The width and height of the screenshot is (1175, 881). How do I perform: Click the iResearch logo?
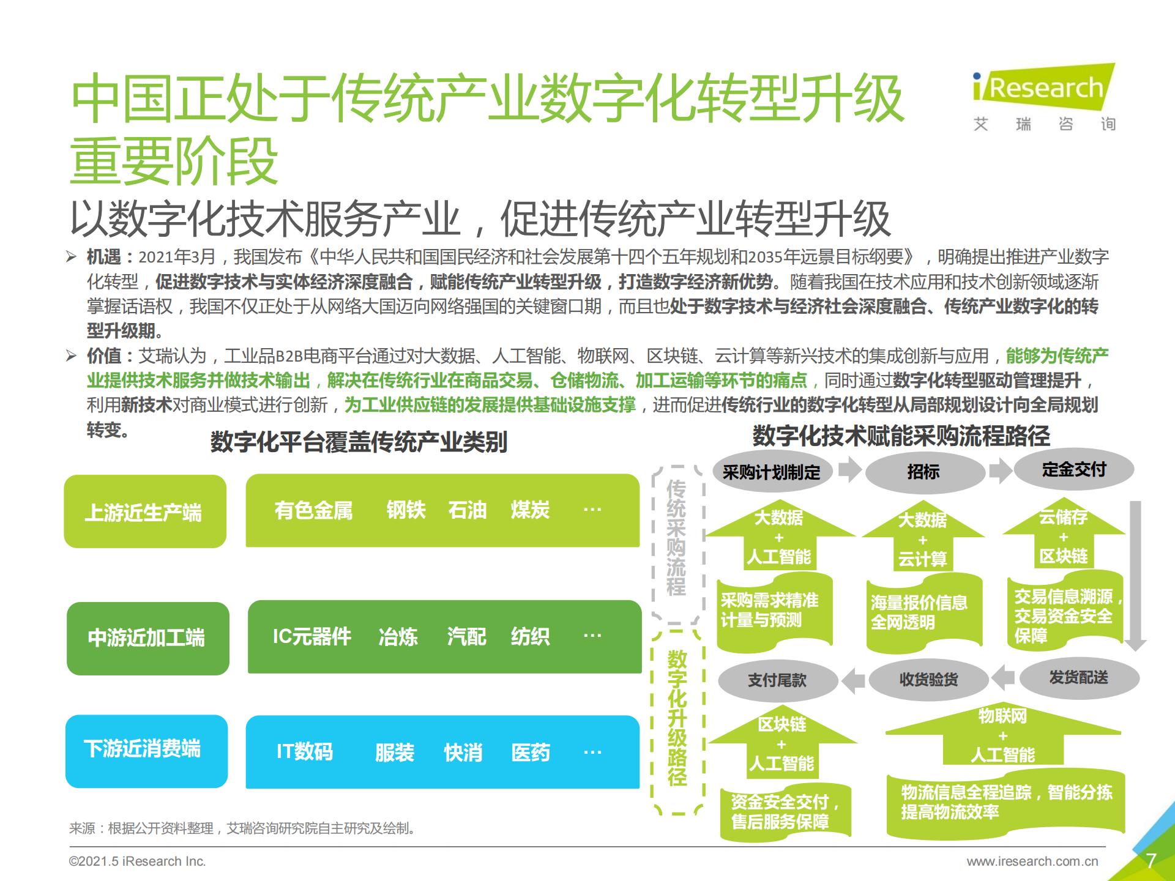point(1044,98)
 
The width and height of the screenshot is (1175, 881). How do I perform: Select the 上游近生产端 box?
point(145,511)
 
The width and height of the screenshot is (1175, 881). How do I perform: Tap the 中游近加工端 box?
point(147,638)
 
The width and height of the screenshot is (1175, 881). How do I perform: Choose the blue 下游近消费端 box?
point(146,751)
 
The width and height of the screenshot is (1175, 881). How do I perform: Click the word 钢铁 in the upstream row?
point(406,510)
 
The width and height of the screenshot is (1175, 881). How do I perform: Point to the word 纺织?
point(530,636)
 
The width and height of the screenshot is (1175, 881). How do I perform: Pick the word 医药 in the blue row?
point(531,752)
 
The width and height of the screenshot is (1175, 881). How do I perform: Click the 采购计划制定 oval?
point(772,472)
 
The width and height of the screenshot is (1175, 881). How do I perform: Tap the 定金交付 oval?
point(1074,469)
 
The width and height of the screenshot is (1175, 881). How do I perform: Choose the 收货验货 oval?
point(928,679)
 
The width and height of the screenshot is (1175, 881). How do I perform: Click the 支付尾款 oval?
point(777,680)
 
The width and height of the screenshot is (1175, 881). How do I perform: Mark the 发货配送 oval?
point(1079,677)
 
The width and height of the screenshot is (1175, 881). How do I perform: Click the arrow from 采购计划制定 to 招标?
point(849,470)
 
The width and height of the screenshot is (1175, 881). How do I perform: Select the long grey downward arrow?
point(1135,576)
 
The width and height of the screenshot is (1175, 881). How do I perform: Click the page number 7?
point(1151,861)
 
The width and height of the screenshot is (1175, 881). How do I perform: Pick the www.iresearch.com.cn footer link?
point(1032,861)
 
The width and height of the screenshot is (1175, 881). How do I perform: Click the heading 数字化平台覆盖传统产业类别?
point(359,442)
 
